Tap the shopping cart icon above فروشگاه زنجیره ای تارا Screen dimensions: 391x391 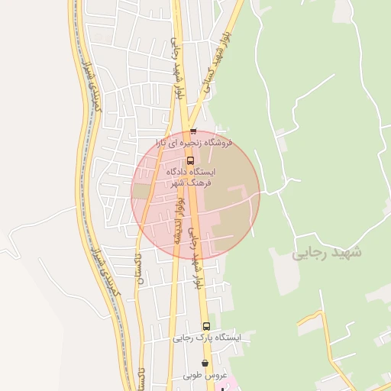(x=193, y=131)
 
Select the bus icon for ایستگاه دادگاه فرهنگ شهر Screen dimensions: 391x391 (x=190, y=160)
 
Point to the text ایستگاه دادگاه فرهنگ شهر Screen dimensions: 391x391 (x=192, y=178)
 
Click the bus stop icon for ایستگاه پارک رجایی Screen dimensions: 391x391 (x=206, y=326)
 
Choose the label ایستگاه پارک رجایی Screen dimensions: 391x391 (x=206, y=337)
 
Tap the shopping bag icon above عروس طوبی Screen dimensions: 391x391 (x=205, y=364)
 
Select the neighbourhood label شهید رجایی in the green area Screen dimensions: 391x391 (x=327, y=251)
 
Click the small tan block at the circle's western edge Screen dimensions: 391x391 (x=141, y=191)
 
